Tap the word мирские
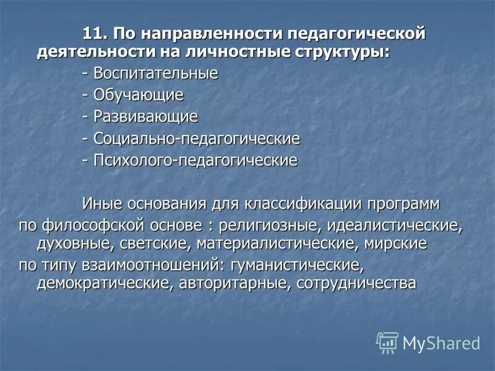point(400,243)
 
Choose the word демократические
point(96,284)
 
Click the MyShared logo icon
point(387,342)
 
